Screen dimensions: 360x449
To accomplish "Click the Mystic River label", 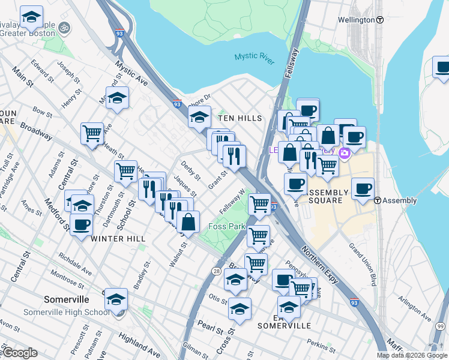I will click(254, 56).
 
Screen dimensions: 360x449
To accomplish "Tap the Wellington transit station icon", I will click(380, 20).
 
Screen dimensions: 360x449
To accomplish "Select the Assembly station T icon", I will click(378, 200).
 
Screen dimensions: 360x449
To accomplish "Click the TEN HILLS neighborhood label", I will click(240, 118).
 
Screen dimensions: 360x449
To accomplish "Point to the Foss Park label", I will click(226, 226).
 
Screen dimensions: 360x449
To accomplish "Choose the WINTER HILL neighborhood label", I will click(119, 239).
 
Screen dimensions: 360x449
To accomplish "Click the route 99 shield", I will click(441, 326).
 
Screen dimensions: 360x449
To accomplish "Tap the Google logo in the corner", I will click(20, 353).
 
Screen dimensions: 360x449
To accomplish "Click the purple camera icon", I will click(345, 154).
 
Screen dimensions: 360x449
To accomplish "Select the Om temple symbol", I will click(64, 27).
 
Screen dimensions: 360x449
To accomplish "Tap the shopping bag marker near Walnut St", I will click(188, 223).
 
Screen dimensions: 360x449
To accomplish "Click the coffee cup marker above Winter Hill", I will click(81, 226).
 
